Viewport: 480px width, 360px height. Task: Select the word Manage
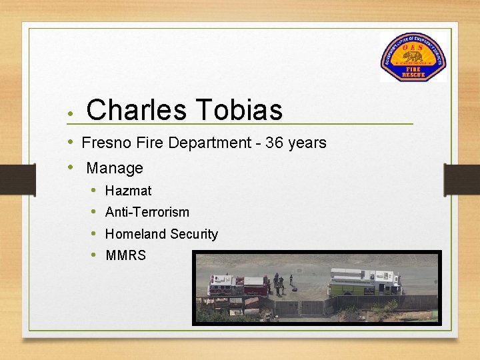click(115, 168)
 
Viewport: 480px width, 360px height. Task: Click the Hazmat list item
click(128, 191)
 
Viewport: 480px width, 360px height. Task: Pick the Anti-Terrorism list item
click(147, 212)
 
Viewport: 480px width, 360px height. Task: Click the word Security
click(194, 234)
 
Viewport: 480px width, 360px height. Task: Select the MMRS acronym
click(125, 255)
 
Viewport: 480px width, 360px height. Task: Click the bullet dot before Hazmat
click(95, 191)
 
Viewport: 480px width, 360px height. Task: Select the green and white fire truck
click(365, 281)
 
